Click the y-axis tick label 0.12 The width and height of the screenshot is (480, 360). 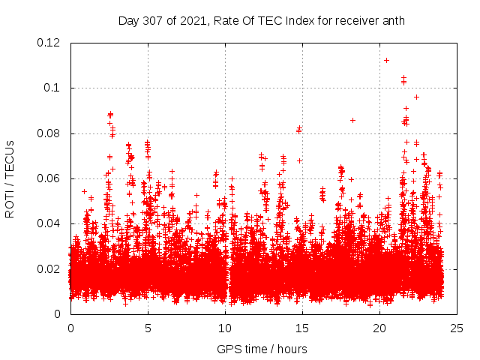click(49, 43)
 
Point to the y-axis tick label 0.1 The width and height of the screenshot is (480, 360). click(52, 88)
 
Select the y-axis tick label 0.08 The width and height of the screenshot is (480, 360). click(49, 133)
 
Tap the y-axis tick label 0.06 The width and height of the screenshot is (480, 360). click(49, 178)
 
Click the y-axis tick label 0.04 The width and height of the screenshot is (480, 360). click(49, 223)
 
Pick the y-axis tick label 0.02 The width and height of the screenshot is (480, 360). click(49, 268)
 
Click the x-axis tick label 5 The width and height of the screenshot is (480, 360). click(148, 328)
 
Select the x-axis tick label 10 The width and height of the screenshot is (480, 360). click(225, 328)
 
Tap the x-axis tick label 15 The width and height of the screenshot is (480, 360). click(302, 328)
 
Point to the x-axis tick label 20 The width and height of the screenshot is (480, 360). click(379, 328)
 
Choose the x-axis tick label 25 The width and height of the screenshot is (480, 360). click(457, 328)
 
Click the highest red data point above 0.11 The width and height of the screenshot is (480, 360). click(386, 60)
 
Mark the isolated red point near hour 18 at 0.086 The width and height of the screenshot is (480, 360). click(352, 120)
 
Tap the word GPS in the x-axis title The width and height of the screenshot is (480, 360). click(228, 349)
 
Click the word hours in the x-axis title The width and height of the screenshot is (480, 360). click(290, 349)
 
